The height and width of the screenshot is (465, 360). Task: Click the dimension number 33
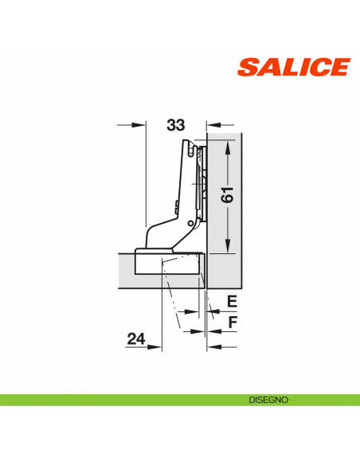point(176,125)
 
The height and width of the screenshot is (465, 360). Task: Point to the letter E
point(232,301)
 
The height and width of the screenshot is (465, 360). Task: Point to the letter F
point(232,322)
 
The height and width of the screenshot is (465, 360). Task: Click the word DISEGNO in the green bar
point(267,400)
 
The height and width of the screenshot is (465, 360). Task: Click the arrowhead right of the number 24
point(156,346)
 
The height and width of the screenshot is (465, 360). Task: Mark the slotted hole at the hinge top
point(191,150)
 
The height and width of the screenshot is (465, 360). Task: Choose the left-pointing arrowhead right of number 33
point(212,125)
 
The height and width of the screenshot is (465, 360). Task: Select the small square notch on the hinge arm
point(175,205)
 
